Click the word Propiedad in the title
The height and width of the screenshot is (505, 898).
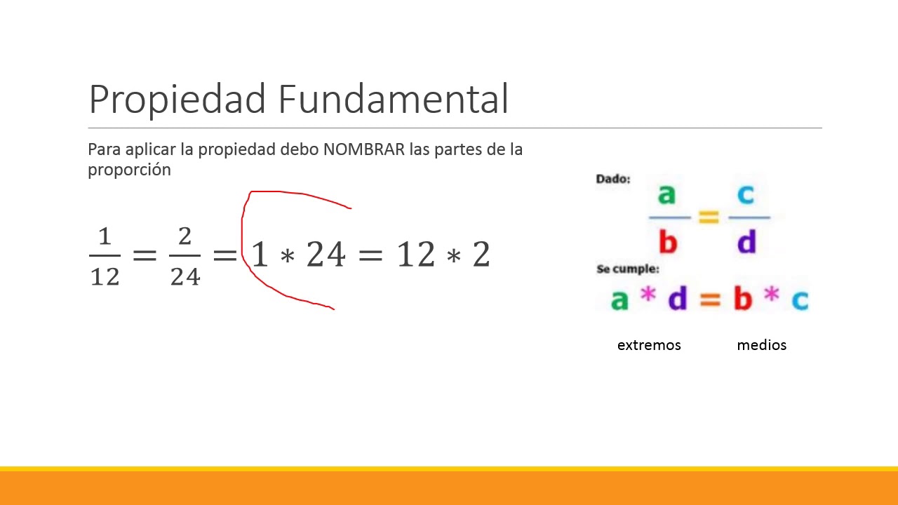click(x=178, y=100)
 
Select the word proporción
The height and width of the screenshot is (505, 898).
click(x=129, y=170)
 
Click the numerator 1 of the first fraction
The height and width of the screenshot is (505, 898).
click(x=105, y=237)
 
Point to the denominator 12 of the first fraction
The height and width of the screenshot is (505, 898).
click(x=105, y=276)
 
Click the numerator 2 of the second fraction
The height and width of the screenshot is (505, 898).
click(x=185, y=237)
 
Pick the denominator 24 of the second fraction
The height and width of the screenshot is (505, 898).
click(x=185, y=276)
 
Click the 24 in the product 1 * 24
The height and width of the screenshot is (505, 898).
click(x=326, y=255)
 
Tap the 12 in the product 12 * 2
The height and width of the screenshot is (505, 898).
click(x=416, y=255)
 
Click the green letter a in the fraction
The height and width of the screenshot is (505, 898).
click(x=666, y=194)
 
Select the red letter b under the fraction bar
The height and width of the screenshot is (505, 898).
click(x=667, y=242)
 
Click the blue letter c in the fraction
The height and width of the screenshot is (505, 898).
click(x=746, y=194)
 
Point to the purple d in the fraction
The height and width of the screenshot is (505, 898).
click(x=746, y=242)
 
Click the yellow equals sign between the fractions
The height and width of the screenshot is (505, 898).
click(x=709, y=217)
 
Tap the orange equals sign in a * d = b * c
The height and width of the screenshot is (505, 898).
click(x=710, y=300)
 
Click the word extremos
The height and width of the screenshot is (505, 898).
click(x=649, y=345)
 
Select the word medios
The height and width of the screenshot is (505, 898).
click(x=761, y=345)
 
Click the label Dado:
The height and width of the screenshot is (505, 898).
click(x=613, y=179)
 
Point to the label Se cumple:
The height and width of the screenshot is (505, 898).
click(x=627, y=269)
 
